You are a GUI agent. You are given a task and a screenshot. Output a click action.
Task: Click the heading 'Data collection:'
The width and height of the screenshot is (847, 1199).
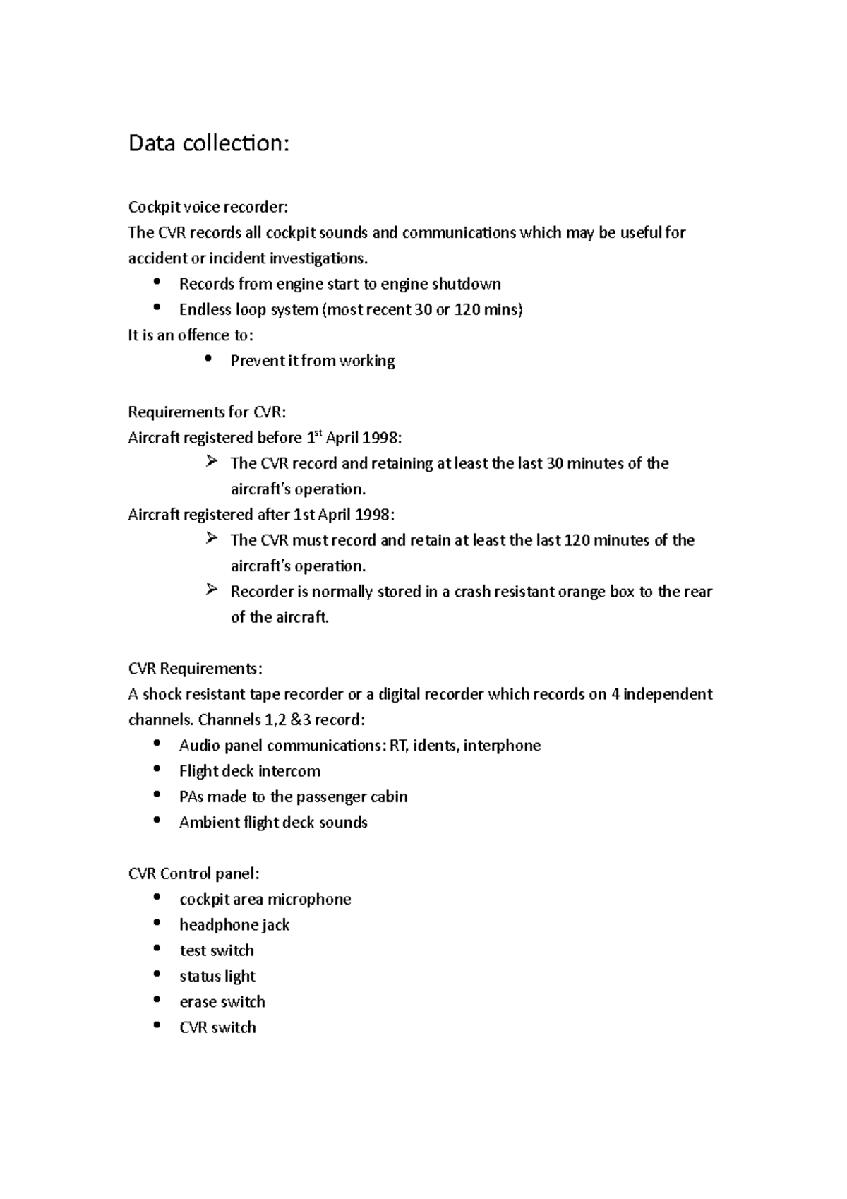coord(208,143)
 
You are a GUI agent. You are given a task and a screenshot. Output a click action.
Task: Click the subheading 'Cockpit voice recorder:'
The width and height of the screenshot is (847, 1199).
coord(208,207)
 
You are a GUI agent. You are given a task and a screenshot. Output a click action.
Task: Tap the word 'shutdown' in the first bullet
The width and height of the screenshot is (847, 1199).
coord(466,284)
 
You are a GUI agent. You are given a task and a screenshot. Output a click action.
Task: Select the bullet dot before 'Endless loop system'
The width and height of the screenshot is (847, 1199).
coord(157,308)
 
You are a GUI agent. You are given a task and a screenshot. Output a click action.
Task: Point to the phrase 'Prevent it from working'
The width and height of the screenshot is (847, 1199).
coord(312,361)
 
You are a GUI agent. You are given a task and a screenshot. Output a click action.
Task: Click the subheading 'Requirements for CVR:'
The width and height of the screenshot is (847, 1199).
coord(207,412)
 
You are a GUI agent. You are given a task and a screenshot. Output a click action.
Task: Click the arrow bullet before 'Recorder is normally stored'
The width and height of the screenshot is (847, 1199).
coord(211,590)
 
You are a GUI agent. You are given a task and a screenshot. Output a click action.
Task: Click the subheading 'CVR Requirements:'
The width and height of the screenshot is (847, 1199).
coord(195,669)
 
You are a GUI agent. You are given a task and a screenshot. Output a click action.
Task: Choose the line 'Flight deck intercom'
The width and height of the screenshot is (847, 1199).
coord(249,771)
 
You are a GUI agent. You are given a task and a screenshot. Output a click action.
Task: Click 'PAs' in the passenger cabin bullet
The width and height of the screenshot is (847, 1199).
coord(191,797)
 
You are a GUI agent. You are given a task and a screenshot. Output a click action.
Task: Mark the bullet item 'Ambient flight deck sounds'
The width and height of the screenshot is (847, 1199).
coord(273,823)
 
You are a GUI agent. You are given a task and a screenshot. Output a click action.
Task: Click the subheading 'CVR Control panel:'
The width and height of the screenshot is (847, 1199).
coord(193,874)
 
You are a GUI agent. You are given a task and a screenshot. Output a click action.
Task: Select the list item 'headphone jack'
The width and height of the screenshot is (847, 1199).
coord(234,925)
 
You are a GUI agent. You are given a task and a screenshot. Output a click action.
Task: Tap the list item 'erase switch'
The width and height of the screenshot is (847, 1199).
coord(222,1002)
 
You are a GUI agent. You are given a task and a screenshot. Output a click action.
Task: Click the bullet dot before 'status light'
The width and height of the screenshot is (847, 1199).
coord(157,975)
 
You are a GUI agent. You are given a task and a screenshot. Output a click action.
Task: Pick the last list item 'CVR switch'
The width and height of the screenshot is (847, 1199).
coord(217,1027)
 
